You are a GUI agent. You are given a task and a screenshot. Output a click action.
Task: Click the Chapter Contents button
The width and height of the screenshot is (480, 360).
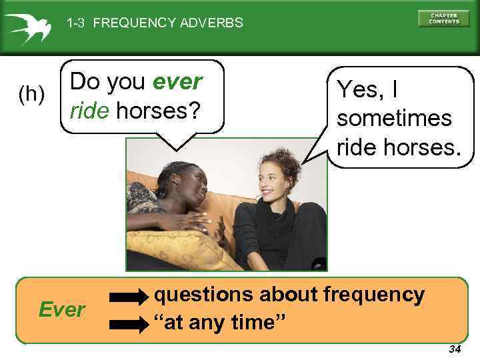tap(443, 18)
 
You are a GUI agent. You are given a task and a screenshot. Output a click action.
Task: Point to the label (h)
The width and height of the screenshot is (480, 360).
tap(31, 95)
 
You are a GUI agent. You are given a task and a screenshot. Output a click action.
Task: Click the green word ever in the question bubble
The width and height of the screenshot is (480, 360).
tap(177, 82)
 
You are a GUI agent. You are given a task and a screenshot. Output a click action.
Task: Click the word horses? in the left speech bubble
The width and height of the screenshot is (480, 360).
tap(158, 111)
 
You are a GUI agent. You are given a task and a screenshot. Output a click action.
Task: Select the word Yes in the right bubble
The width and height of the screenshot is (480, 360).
tap(359, 89)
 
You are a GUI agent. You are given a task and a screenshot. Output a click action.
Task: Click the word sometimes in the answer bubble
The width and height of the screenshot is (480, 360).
tap(395, 118)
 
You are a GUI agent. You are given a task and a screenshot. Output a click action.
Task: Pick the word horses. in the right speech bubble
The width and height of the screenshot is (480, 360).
tap(423, 147)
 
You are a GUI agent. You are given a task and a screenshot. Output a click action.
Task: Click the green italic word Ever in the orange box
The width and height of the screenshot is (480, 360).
tap(61, 310)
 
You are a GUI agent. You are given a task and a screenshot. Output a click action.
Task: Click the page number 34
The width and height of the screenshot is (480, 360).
tap(455, 349)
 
